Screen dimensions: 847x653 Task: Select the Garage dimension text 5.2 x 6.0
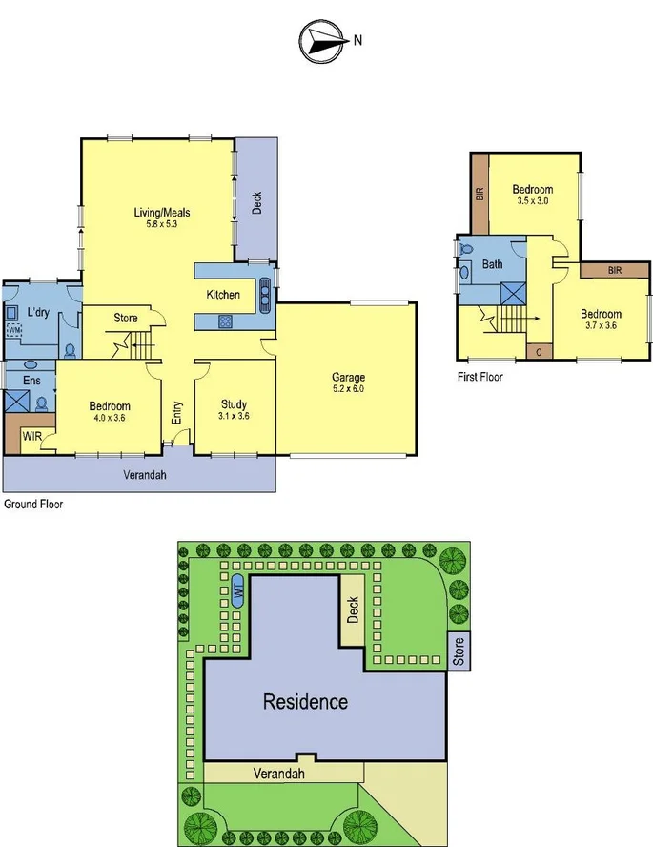click(x=348, y=389)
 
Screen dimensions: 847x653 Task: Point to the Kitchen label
click(x=223, y=295)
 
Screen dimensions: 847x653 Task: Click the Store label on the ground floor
click(x=126, y=318)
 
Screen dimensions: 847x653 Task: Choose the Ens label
click(x=18, y=382)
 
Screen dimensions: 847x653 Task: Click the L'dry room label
click(x=38, y=312)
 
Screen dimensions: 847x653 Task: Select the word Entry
click(x=177, y=413)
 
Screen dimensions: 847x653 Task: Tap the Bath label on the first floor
click(x=493, y=264)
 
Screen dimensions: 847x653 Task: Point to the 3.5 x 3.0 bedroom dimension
click(x=533, y=202)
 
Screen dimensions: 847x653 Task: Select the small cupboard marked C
click(x=539, y=351)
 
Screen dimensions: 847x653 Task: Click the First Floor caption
click(x=480, y=377)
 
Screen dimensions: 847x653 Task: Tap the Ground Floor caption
click(x=33, y=504)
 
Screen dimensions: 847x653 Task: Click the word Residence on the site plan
click(x=305, y=702)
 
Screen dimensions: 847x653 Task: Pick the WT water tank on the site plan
click(x=237, y=592)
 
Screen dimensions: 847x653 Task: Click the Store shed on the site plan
click(x=459, y=651)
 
